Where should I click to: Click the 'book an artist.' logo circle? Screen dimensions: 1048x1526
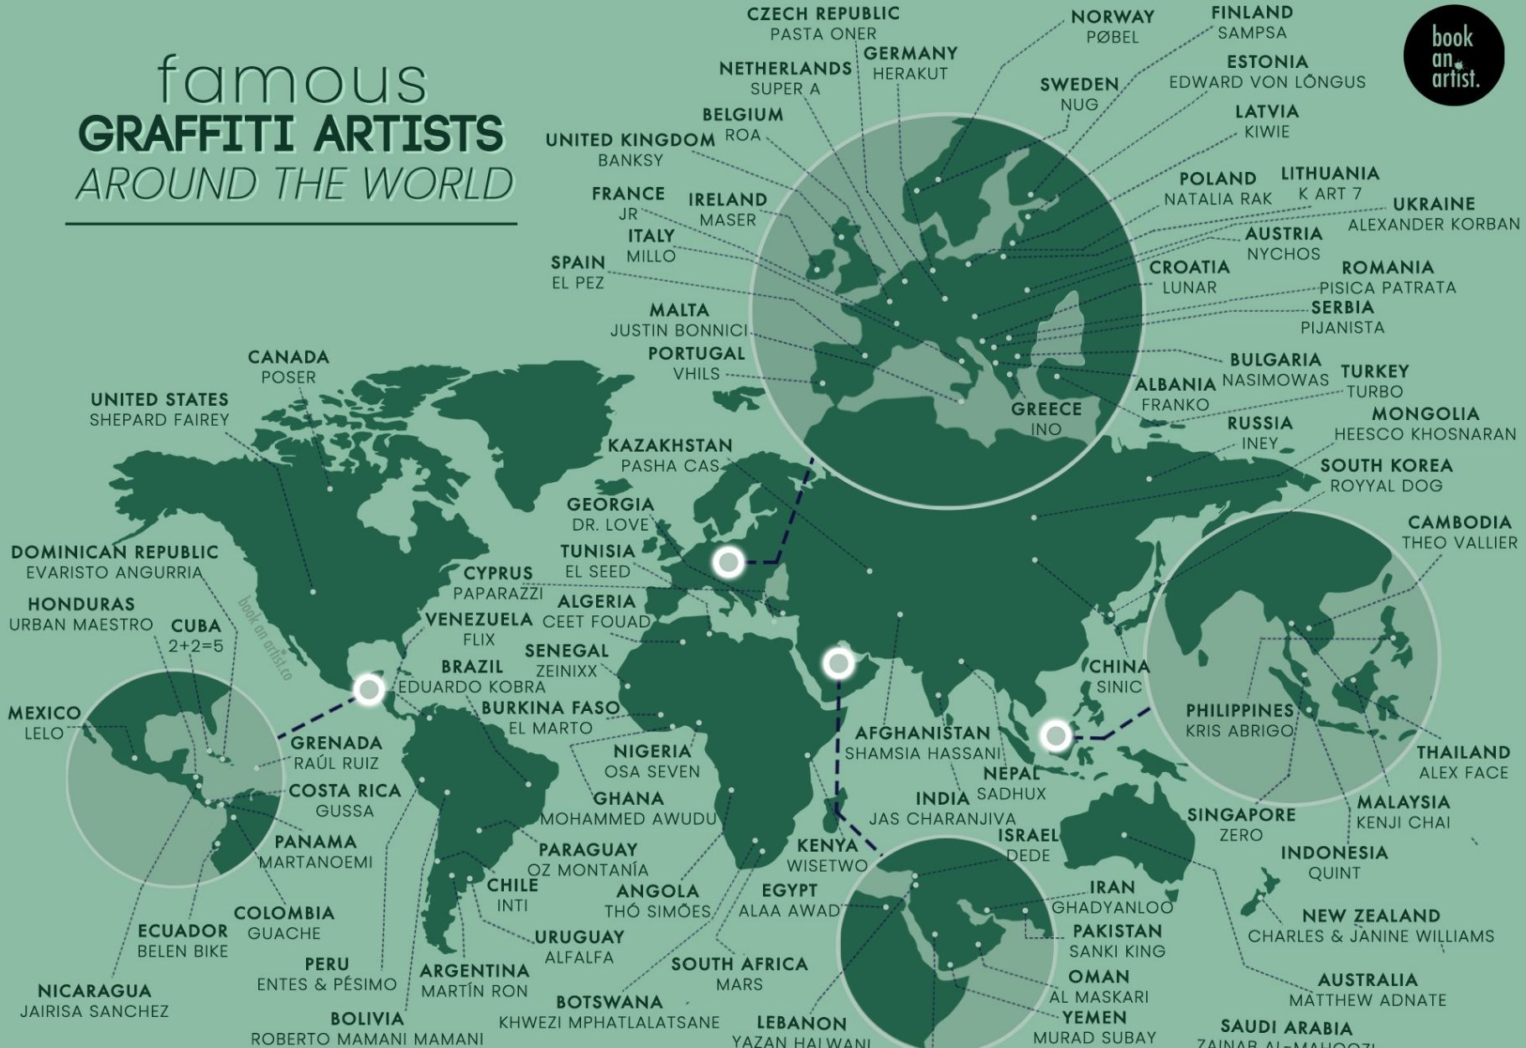1454,56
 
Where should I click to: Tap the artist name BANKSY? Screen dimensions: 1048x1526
631,160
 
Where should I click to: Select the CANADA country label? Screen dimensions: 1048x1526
288,357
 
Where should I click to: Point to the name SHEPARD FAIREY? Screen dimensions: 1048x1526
159,420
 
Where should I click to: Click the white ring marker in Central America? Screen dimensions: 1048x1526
369,689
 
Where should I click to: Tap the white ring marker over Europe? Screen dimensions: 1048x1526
728,562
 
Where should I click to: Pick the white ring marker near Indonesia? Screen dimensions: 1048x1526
1056,736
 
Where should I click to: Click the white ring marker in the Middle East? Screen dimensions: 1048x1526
838,663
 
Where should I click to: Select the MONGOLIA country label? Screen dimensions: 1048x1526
1425,414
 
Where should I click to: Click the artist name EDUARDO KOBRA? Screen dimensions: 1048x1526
471,687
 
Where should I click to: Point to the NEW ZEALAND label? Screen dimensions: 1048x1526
1371,916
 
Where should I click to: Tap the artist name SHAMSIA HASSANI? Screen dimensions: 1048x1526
922,754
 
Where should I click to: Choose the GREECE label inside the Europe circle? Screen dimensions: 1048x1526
1046,409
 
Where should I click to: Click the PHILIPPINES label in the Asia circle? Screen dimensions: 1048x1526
1239,711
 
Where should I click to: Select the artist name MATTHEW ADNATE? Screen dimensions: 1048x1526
1368,1000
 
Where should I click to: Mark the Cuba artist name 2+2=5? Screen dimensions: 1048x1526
196,646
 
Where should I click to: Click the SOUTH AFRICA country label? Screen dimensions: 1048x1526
739,965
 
